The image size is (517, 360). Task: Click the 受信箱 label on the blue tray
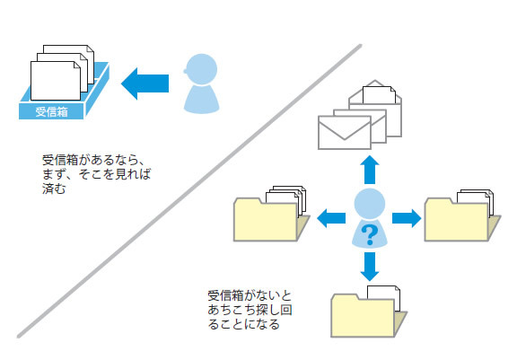coord(52,111)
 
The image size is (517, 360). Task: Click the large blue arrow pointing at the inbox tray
coord(145,83)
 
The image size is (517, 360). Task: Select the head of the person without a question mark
coord(201,69)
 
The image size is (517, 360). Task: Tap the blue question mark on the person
coord(370,234)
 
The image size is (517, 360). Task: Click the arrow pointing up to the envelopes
coord(370,170)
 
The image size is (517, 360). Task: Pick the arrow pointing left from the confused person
coord(331,218)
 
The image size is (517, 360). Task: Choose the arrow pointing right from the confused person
coord(407,218)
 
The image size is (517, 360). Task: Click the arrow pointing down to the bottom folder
coord(370,267)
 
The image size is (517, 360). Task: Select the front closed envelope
coord(345,133)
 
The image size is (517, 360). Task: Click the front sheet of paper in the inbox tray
coord(56,81)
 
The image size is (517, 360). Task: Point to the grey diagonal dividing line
coord(189,191)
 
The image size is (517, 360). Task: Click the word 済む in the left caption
coord(54,189)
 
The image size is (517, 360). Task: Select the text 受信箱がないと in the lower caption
coord(250,295)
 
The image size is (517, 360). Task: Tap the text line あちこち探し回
coord(250,310)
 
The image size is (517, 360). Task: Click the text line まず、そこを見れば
coord(97,174)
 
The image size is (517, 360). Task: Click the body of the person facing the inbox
coord(201,100)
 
